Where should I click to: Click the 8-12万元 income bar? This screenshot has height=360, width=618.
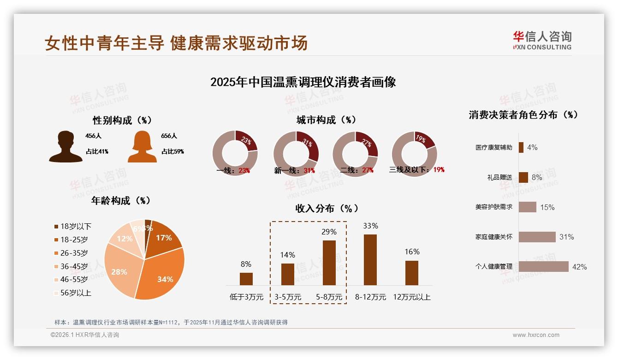pos(370,259)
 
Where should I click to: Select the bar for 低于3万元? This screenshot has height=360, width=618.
pos(246,279)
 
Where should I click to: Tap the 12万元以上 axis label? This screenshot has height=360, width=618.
pos(412,297)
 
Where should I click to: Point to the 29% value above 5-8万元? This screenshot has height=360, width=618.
pos(329,232)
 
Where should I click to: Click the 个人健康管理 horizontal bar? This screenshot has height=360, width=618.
pos(543,266)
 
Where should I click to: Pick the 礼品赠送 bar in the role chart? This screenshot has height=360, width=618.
pos(523,177)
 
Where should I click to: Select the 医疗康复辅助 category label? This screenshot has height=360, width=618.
pos(493,148)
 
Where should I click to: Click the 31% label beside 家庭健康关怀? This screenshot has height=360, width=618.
pos(566,237)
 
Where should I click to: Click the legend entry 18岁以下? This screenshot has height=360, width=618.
pos(72,227)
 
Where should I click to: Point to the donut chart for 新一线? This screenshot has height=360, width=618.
pos(296,153)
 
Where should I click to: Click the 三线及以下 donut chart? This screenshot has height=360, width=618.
pos(414,153)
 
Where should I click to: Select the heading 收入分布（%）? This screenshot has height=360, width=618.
pos(327,209)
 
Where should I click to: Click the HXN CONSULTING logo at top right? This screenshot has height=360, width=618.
pos(542,40)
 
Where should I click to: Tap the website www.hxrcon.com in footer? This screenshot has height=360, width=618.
pos(536,335)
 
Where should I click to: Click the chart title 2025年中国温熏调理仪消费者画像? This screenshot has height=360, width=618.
pos(303,82)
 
